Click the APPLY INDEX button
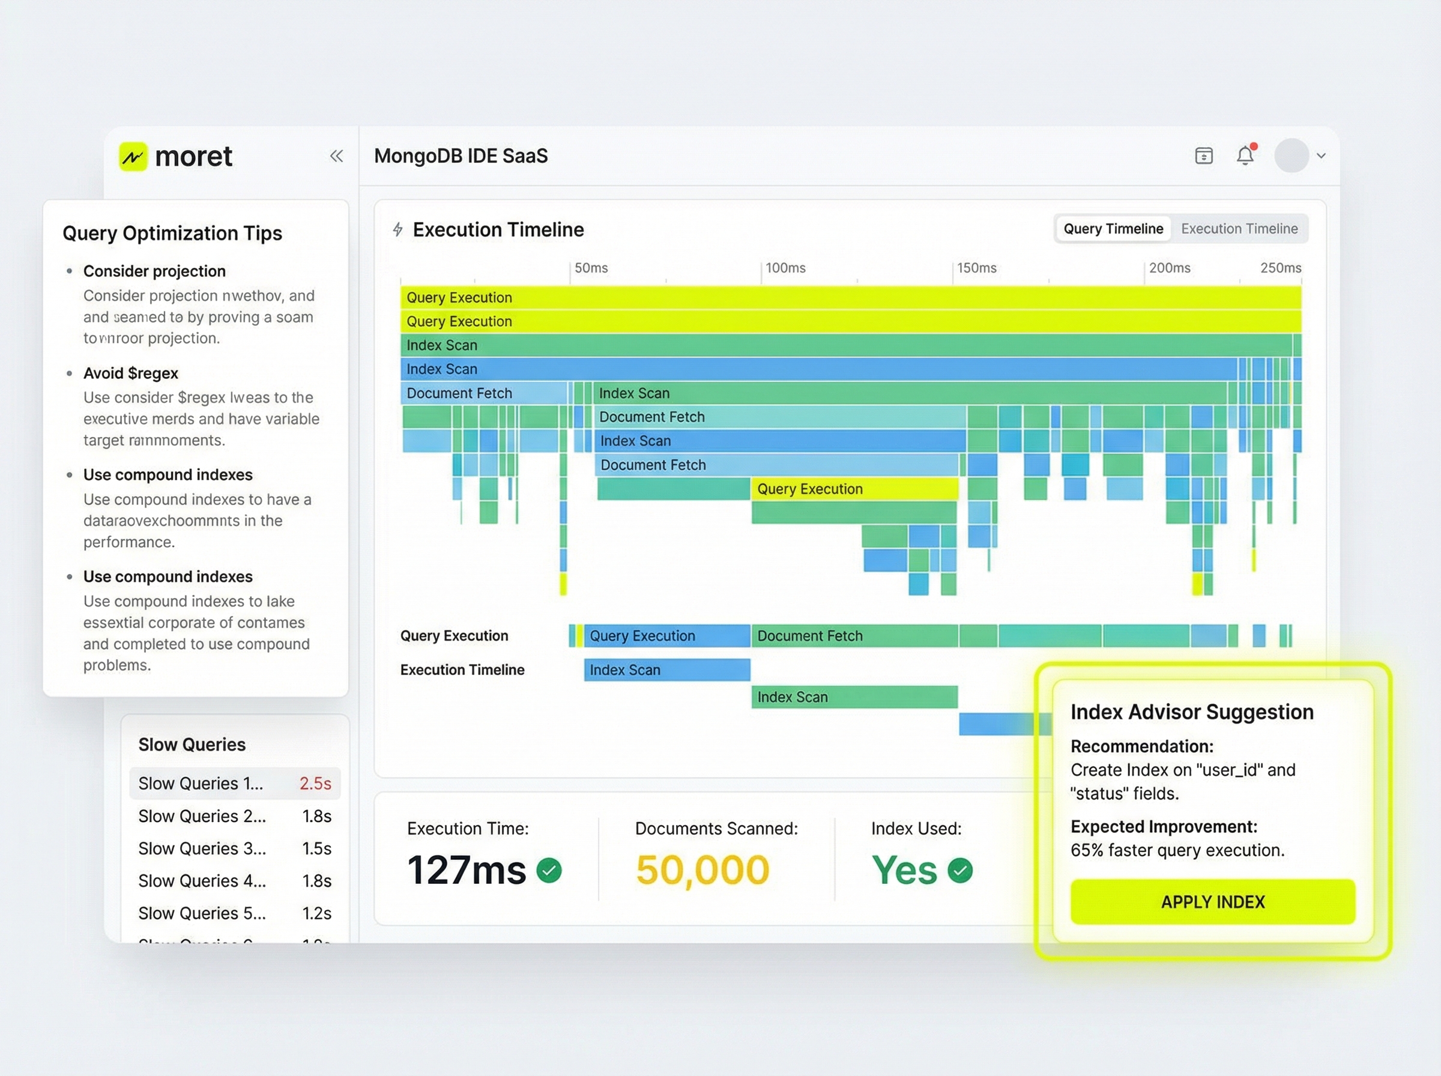[1212, 901]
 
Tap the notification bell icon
[1244, 156]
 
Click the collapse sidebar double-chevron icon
[336, 156]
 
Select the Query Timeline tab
[1113, 229]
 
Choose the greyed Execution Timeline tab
[1239, 229]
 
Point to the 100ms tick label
[785, 268]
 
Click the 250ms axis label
[1279, 268]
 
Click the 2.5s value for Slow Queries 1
[315, 783]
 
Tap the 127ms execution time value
[467, 870]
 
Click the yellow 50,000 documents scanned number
[702, 870]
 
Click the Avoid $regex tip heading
[131, 373]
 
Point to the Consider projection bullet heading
[154, 271]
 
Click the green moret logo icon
[133, 156]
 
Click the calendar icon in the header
[1203, 156]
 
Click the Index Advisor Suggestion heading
[1191, 712]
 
